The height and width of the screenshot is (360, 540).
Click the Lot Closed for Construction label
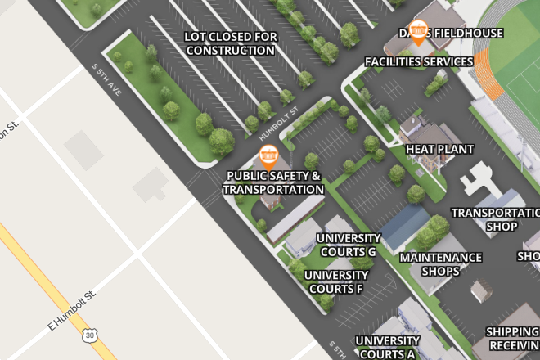click(x=230, y=43)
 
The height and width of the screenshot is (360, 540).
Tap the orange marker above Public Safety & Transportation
click(x=268, y=155)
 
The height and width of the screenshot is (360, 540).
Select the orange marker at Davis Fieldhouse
click(x=418, y=31)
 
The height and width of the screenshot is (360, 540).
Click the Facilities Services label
click(x=419, y=61)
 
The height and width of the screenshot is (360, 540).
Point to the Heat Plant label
click(x=439, y=149)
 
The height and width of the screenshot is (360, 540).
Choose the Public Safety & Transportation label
click(x=273, y=182)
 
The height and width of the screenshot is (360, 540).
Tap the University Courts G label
click(x=349, y=245)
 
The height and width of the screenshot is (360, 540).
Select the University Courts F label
click(x=336, y=281)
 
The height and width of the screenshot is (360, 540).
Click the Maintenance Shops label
click(x=440, y=263)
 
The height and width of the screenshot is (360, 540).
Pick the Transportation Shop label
click(x=495, y=219)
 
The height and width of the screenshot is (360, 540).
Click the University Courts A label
click(x=387, y=347)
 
